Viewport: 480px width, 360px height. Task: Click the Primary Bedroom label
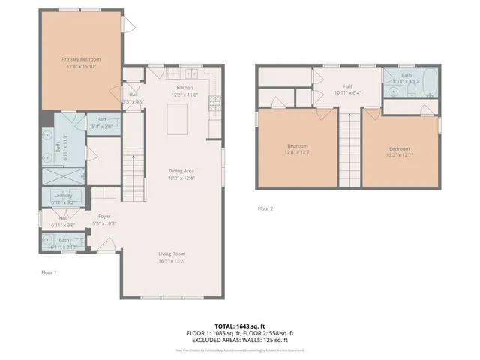click(81, 58)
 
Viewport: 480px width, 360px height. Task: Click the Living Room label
click(172, 253)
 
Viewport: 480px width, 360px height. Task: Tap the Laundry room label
click(63, 196)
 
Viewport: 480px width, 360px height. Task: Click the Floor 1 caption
click(49, 271)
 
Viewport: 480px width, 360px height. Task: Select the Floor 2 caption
click(265, 208)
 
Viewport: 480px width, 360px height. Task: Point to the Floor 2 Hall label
click(348, 86)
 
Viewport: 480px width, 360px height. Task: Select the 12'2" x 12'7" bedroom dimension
click(400, 155)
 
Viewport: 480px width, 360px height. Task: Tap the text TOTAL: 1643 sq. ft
click(240, 325)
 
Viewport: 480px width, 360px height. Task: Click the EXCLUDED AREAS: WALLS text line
click(240, 340)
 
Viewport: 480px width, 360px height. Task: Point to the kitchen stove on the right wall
click(215, 102)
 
